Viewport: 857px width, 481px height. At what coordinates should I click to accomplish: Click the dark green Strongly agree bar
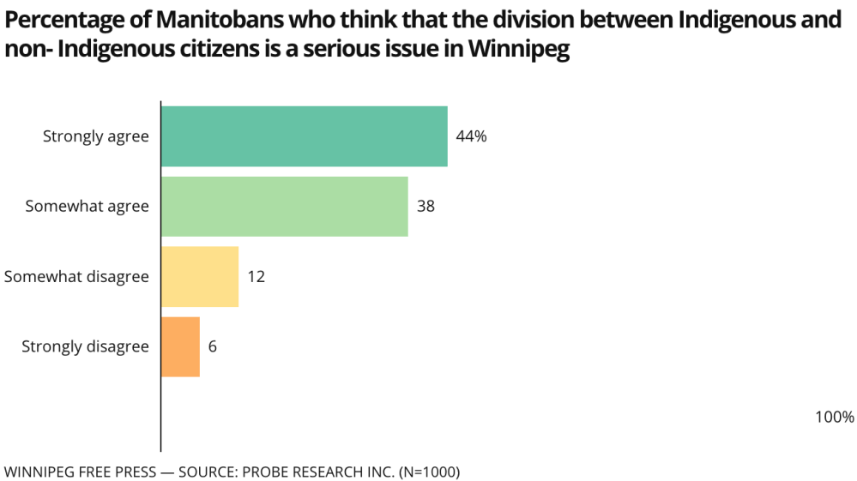pos(305,136)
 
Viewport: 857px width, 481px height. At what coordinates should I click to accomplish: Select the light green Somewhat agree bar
pos(285,207)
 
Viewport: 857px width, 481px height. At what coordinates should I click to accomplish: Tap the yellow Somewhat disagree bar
pos(200,277)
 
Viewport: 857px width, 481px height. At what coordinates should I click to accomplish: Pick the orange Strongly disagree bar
pos(181,347)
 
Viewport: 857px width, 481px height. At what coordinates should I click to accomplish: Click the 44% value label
pos(471,136)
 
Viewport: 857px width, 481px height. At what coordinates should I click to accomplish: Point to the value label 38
pos(426,207)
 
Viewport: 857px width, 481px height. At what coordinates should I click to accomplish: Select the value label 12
pos(256,277)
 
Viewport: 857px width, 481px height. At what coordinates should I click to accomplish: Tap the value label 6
pos(213,347)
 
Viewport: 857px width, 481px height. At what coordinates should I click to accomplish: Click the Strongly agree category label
pos(96,136)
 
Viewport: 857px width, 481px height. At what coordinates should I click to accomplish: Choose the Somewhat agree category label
pos(87,207)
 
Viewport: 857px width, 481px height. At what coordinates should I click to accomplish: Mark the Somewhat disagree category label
pos(76,277)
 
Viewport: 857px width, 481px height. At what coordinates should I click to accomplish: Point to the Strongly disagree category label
pos(85,347)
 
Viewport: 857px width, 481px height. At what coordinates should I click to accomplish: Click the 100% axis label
pos(834,418)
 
